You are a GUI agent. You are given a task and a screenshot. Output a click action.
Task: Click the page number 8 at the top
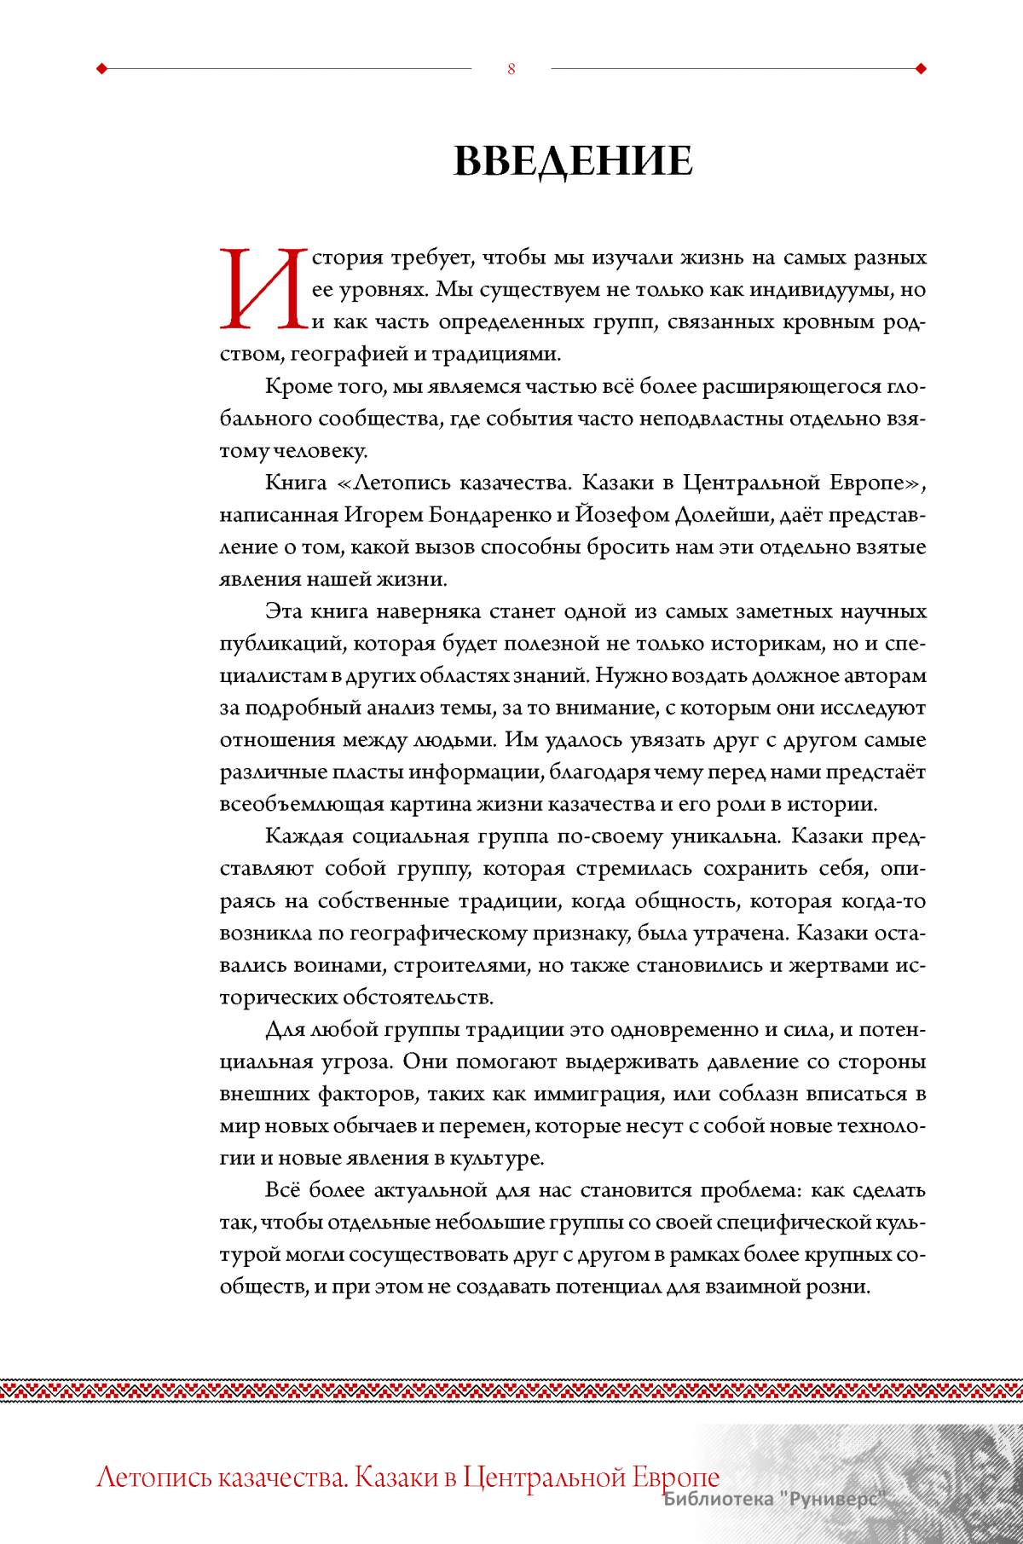click(511, 69)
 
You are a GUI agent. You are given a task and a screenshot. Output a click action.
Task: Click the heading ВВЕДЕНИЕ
click(573, 160)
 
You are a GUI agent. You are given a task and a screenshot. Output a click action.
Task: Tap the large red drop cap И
click(263, 289)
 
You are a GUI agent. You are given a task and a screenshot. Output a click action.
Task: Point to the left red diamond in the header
click(102, 69)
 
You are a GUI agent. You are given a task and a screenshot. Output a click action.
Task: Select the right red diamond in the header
click(921, 69)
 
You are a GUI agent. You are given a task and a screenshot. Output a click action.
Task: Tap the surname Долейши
click(733, 516)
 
